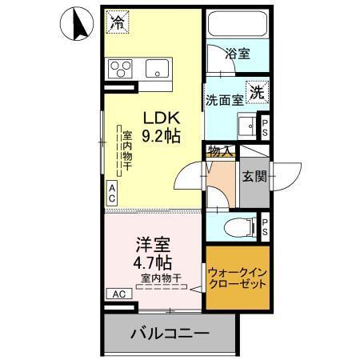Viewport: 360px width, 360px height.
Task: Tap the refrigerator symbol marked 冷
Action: (x=118, y=22)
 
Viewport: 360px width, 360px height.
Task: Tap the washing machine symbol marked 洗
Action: (x=257, y=91)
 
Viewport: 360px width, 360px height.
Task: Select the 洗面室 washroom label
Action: (x=223, y=101)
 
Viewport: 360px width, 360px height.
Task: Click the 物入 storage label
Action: (x=220, y=150)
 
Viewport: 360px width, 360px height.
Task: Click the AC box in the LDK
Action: (x=112, y=193)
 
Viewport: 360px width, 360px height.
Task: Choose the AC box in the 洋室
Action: (x=119, y=294)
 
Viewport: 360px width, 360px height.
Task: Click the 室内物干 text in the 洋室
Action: (x=162, y=278)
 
